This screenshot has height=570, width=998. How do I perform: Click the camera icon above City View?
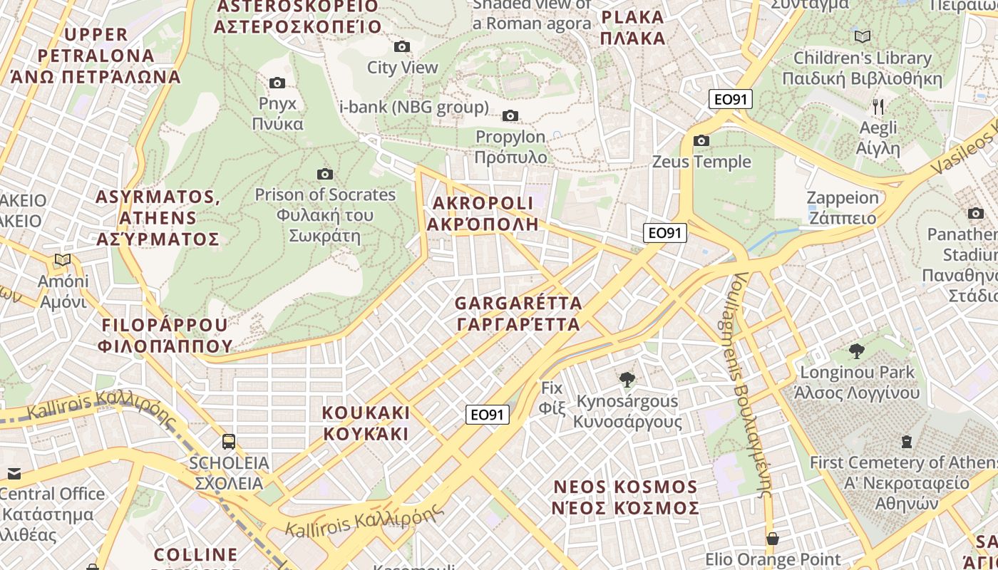(x=402, y=47)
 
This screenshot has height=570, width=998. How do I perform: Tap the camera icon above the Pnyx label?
(x=277, y=83)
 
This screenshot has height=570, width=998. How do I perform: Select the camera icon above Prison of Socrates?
(x=325, y=174)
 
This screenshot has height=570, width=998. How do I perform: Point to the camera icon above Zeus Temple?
(x=701, y=141)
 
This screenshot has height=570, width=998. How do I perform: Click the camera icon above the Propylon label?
(x=510, y=115)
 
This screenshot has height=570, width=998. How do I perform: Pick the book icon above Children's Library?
(x=863, y=36)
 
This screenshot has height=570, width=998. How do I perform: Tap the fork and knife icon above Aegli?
(x=878, y=107)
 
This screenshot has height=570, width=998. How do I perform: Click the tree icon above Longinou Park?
(x=857, y=351)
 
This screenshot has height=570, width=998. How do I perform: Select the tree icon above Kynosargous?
(x=627, y=380)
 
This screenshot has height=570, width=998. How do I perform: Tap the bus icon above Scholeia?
(x=229, y=441)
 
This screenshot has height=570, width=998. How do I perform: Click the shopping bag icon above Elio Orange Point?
(x=772, y=538)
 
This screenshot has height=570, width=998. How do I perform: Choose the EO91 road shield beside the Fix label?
(x=488, y=415)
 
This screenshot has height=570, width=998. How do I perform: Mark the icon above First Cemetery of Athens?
(x=907, y=442)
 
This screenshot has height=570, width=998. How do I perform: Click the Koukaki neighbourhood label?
(x=366, y=423)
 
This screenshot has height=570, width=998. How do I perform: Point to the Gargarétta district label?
(x=518, y=313)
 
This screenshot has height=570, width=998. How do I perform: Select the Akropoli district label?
(x=483, y=213)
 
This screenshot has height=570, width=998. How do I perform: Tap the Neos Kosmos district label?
(x=626, y=497)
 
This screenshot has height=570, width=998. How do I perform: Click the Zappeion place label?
(x=843, y=207)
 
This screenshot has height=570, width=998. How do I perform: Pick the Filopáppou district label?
(x=168, y=336)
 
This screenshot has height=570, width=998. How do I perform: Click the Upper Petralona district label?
(x=96, y=55)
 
